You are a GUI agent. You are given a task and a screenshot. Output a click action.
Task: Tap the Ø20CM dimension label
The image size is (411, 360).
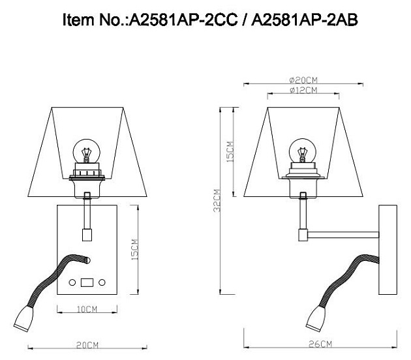tap(303, 80)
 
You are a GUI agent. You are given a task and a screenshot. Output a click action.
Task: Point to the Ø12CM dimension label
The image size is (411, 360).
tap(303, 90)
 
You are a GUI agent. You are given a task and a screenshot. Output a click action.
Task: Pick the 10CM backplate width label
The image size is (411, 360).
tap(85, 310)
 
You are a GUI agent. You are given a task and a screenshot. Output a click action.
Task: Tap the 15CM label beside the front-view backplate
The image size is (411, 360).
tap(135, 250)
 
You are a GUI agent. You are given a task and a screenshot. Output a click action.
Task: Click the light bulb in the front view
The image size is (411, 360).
tap(85, 151)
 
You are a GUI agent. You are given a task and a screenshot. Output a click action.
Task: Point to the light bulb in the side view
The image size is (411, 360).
tap(302, 151)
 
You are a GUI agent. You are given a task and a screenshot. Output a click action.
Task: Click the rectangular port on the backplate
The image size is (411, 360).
tap(86, 282)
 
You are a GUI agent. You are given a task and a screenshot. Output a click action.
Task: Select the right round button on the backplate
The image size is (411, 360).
tap(102, 282)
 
